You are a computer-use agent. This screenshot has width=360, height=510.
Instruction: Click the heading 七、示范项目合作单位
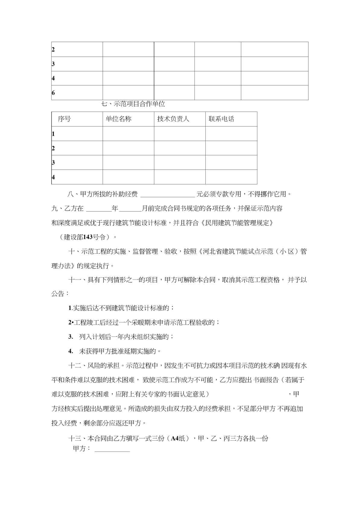pos(133,104)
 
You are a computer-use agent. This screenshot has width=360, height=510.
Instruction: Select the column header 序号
pos(64,119)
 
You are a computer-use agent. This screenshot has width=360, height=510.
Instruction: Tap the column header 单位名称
pos(118,119)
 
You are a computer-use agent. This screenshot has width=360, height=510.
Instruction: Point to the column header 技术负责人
pos(173,119)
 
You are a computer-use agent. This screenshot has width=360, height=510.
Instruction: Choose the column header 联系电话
pos(221,119)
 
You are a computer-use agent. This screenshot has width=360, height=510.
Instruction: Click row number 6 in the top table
pos(53,93)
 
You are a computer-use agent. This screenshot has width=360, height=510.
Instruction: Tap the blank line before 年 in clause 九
pos(99,209)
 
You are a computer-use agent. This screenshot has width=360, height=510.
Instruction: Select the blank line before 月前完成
pos(131,209)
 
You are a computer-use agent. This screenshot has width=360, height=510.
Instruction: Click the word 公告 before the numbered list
pos(58,294)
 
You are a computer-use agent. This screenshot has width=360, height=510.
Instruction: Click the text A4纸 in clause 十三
pos(178,438)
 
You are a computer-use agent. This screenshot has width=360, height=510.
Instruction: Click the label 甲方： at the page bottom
pos(81,448)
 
